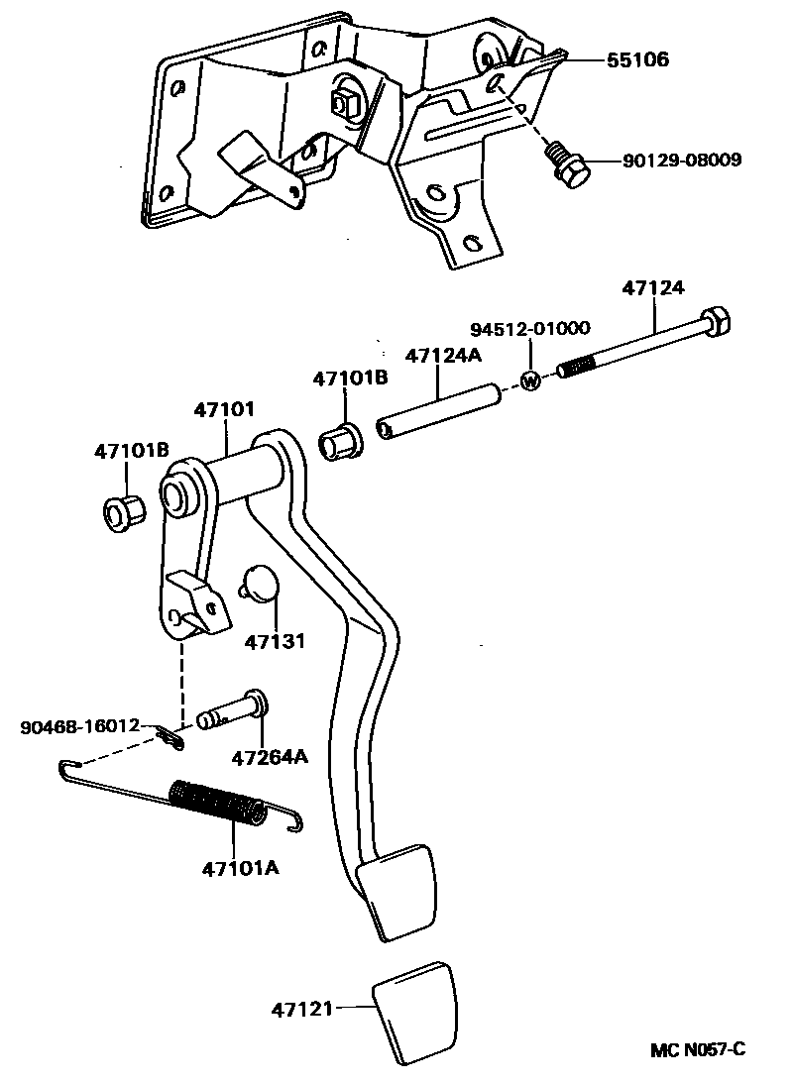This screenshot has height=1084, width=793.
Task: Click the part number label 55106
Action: tap(638, 60)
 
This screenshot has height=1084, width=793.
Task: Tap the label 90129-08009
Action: tap(682, 160)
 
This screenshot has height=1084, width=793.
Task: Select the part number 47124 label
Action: tap(653, 288)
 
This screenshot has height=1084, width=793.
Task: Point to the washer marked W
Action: tap(530, 379)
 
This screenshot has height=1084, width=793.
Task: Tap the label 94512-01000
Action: tap(529, 329)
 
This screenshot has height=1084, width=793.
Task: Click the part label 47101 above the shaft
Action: tap(225, 408)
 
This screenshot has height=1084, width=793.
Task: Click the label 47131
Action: tap(275, 641)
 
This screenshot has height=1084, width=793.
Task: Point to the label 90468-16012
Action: tap(80, 727)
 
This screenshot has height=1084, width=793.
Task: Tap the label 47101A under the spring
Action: tap(240, 869)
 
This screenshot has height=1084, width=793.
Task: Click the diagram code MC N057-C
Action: tap(697, 1049)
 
